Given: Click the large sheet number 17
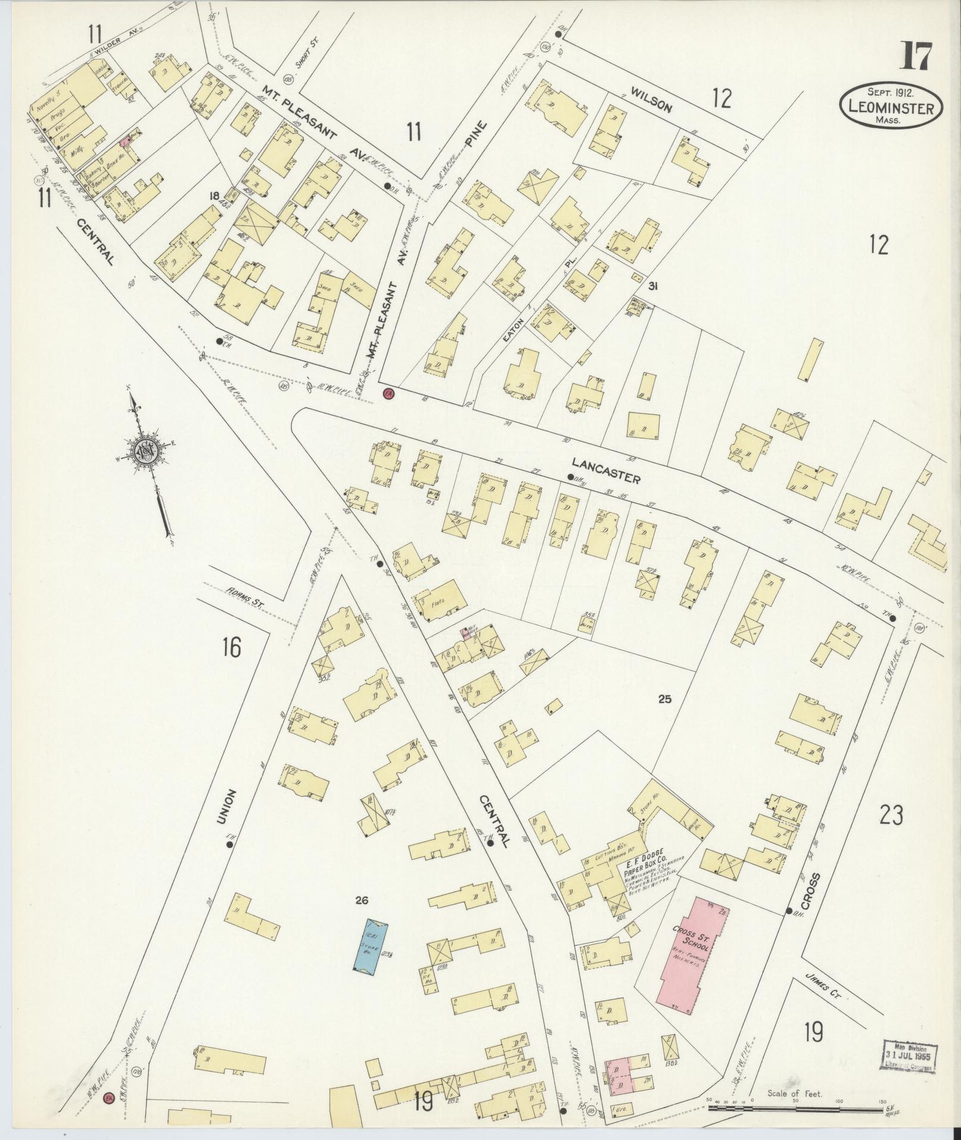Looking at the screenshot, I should [916, 58].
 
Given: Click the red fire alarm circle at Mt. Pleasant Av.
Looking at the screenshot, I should [389, 394].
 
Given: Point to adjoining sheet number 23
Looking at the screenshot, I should [891, 814].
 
